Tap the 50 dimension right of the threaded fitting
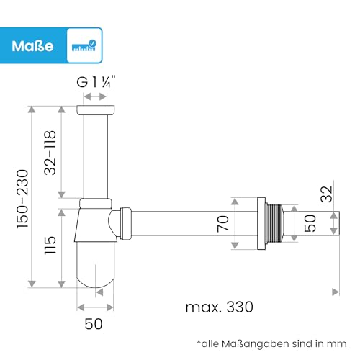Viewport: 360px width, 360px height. (310, 223)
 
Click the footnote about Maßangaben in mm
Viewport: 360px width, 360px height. (271, 343)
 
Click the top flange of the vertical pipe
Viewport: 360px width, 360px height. (95, 110)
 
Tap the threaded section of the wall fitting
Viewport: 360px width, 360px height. (274, 223)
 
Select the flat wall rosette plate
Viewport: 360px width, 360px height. (261, 223)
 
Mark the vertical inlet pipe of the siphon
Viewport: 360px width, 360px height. (95, 155)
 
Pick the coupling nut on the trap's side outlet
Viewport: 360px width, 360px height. (125, 222)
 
